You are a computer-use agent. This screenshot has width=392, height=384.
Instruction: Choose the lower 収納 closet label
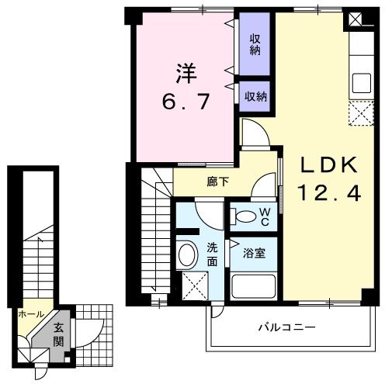255,96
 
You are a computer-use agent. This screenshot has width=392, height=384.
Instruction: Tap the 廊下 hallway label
217,183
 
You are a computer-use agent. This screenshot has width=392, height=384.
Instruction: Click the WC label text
265,216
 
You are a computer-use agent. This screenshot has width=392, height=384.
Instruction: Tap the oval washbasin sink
187,255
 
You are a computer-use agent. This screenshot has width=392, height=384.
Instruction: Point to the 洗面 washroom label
212,255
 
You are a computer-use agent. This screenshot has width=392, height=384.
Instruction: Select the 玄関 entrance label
59,334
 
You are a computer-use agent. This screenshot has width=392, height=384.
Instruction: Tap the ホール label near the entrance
30,314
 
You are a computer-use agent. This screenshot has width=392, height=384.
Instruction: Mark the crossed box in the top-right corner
356,18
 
